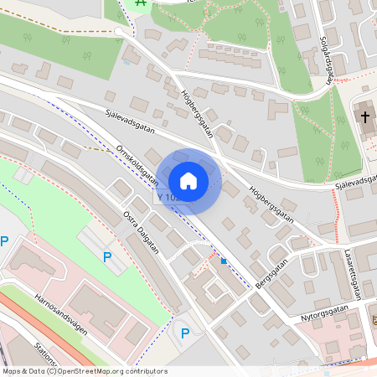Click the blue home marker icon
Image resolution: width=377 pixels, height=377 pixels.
(x=188, y=181)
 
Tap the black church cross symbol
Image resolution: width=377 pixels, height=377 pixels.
(x=367, y=116)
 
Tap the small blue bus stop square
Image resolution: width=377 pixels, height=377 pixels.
(x=224, y=261)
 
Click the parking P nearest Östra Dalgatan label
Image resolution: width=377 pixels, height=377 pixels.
(x=107, y=257)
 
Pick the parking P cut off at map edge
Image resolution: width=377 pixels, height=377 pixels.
(x=4, y=241)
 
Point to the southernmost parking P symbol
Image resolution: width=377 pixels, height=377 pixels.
(x=185, y=333)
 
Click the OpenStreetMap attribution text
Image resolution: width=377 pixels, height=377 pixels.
(x=84, y=371)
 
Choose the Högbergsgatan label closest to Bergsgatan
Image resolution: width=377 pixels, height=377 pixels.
(x=271, y=204)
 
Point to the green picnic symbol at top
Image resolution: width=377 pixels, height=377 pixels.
(x=141, y=3)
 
